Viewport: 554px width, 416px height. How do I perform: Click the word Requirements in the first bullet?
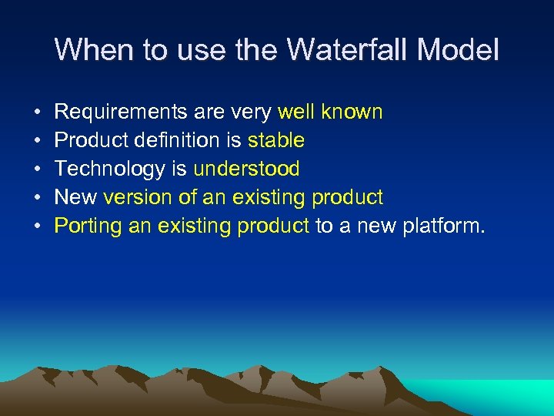[x=119, y=112]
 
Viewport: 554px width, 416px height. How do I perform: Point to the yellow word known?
[x=352, y=112]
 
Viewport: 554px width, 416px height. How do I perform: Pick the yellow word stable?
[x=276, y=140]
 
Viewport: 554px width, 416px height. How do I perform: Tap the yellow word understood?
[x=246, y=169]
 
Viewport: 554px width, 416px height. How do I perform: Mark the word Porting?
[x=87, y=226]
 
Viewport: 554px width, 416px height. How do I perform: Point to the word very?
[x=253, y=112]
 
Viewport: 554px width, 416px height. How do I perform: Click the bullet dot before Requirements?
[x=38, y=113]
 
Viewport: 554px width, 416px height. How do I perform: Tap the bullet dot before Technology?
[x=38, y=169]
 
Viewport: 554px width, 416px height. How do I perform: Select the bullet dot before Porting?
[x=38, y=226]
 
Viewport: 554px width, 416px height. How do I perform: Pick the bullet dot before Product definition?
[x=38, y=141]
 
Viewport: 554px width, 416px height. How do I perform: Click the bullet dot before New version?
[x=38, y=198]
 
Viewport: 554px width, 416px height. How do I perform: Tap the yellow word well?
[x=296, y=112]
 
